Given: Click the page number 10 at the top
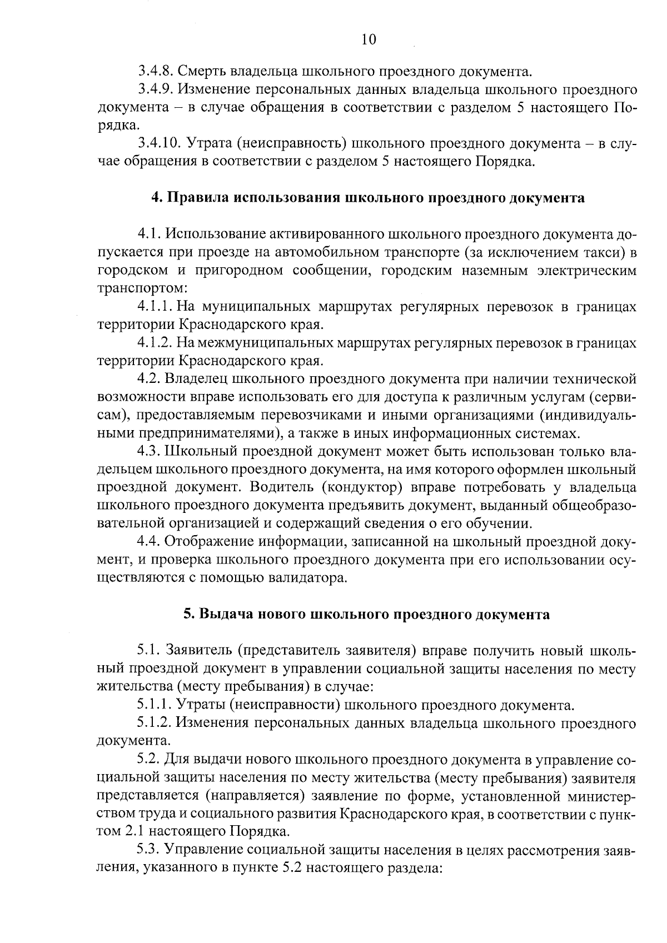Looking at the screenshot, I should (369, 39).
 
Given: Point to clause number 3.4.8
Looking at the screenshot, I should (155, 71).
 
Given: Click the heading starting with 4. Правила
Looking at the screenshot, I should (368, 198).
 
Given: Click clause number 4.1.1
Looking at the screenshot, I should (155, 307).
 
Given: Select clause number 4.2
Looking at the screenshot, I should (148, 380).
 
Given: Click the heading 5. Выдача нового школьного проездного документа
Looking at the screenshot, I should (367, 615).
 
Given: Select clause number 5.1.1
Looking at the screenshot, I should (154, 706).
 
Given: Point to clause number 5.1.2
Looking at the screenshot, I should (154, 724).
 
